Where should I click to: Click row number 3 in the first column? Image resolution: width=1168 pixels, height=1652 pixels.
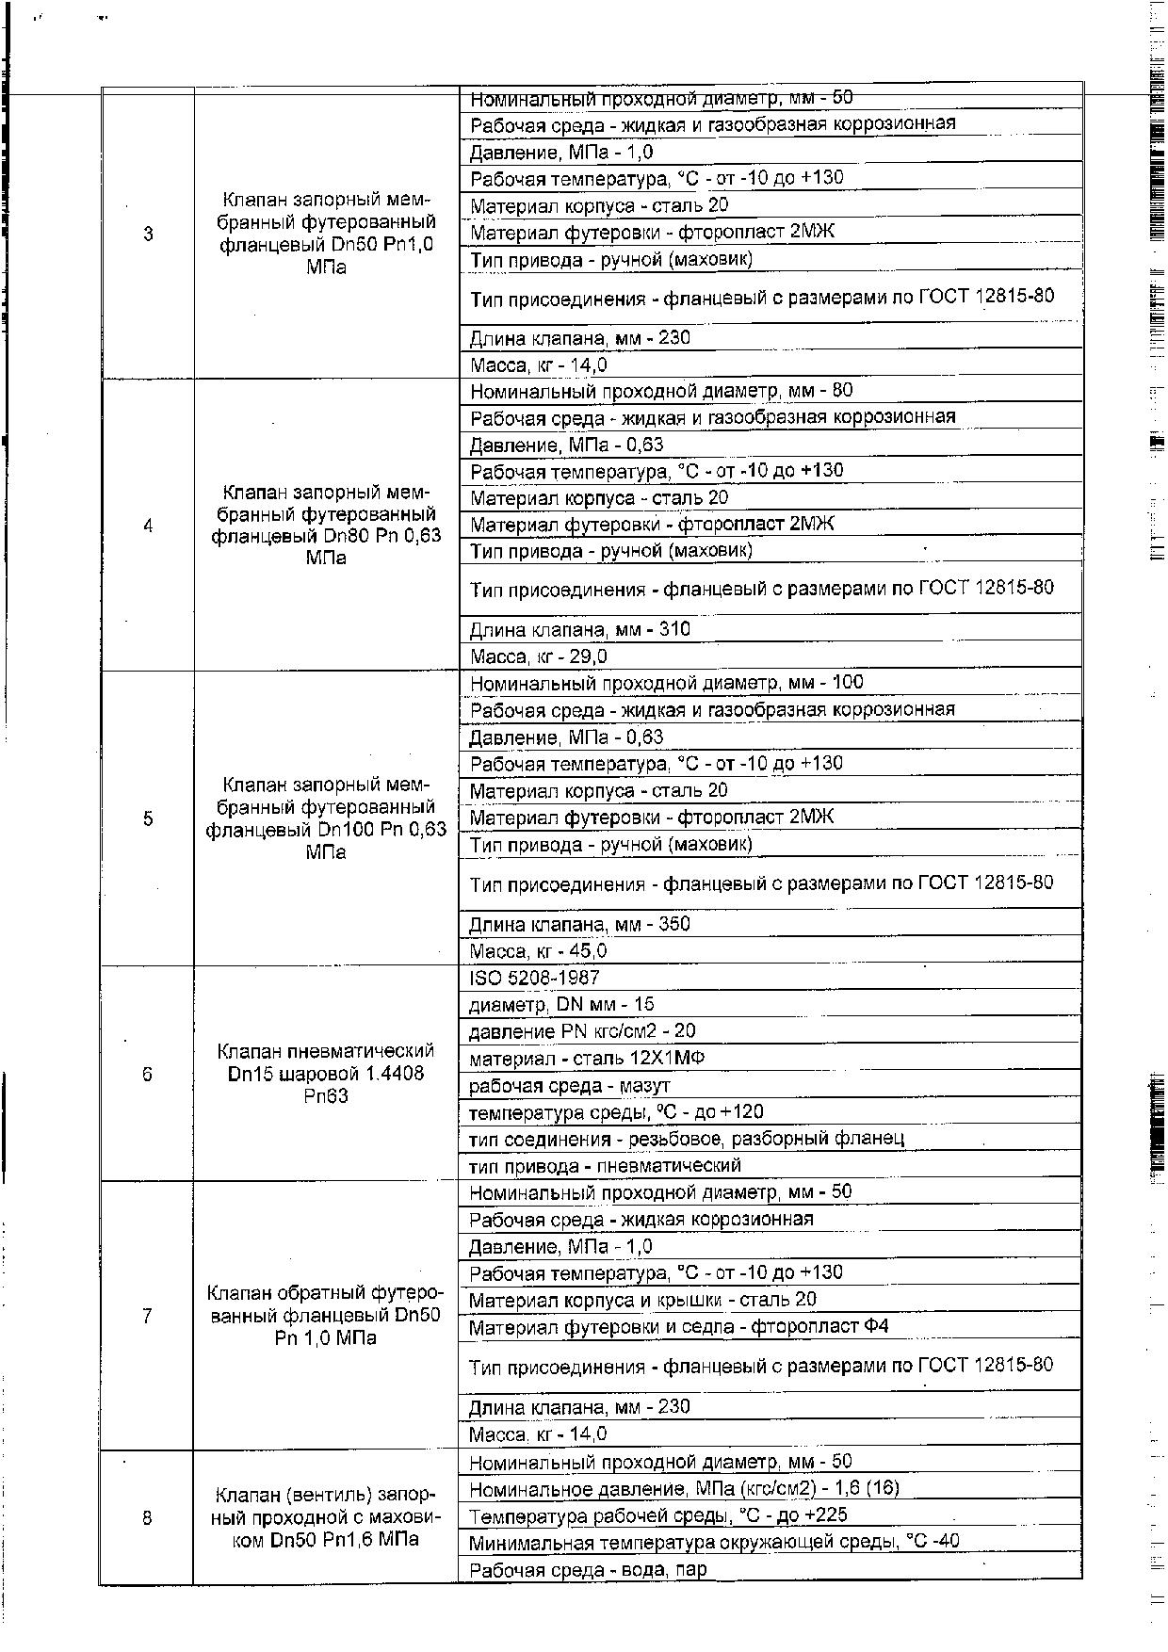(148, 234)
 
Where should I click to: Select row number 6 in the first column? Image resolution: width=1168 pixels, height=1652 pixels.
(148, 1074)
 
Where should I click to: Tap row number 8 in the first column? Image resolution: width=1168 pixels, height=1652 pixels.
(148, 1517)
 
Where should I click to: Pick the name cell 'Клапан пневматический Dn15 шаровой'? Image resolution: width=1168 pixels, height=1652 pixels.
(326, 1074)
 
